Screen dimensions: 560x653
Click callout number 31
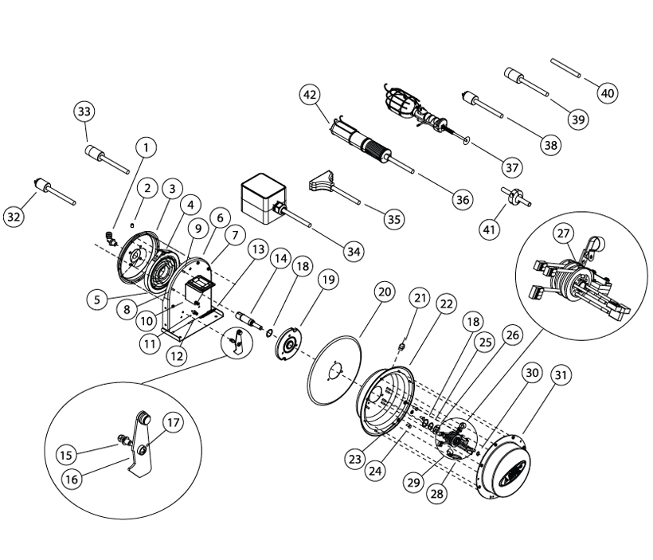pyautogui.click(x=562, y=375)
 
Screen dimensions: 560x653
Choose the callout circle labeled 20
pyautogui.click(x=384, y=293)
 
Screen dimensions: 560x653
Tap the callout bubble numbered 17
pyautogui.click(x=173, y=422)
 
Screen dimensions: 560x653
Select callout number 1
pyautogui.click(x=145, y=147)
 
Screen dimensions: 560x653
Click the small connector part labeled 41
pyautogui.click(x=515, y=194)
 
